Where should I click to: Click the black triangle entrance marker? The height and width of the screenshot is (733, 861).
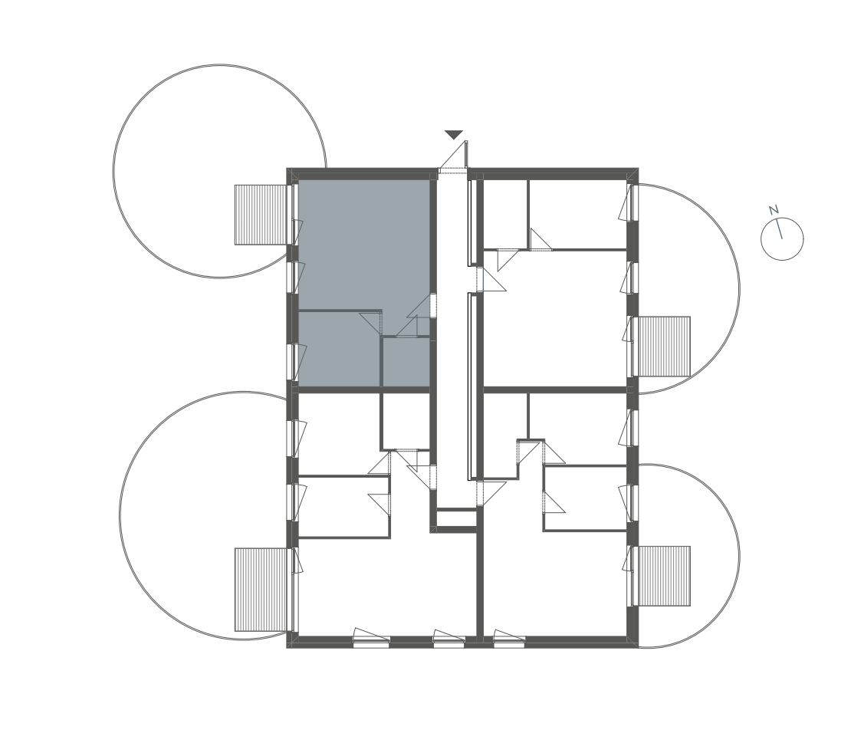[x=454, y=134]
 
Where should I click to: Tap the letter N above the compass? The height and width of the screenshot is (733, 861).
[x=774, y=210]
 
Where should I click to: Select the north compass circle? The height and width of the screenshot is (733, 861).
[x=782, y=239]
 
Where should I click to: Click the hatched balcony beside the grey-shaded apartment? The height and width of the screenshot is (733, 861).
[x=261, y=215]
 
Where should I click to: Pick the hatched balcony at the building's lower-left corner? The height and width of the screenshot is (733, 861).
[x=261, y=589]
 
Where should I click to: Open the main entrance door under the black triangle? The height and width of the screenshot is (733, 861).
[x=454, y=156]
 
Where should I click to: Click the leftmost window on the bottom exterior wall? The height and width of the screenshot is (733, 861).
[x=371, y=638]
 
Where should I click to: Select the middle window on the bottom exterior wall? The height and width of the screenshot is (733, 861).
[x=449, y=639]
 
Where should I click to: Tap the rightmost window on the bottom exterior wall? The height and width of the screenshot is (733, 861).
[x=509, y=639]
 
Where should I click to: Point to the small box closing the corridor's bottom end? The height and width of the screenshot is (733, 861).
[x=456, y=518]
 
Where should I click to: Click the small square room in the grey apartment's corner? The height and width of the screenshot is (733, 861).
[x=406, y=362]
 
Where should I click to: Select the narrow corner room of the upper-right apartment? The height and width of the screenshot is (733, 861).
[x=505, y=214]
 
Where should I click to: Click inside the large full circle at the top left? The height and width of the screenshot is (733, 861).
[x=219, y=171]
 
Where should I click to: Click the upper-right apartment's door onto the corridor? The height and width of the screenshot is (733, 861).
[x=491, y=279]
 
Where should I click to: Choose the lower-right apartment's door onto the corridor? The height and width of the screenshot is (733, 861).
[x=491, y=492]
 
